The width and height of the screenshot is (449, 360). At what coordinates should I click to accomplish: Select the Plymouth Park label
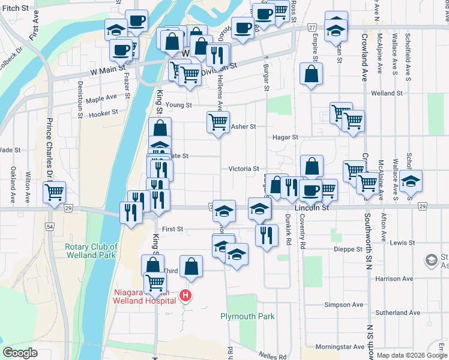pos(247,316)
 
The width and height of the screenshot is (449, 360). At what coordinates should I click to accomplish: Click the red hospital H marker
pos(186,296)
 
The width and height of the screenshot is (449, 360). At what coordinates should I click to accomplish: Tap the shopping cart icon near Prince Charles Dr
pos(54,193)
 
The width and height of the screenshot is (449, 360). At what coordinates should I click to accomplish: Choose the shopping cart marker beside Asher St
pos(218,122)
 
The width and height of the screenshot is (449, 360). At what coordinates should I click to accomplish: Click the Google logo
pos(20,353)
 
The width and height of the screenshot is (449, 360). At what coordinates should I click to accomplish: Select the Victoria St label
pos(243,169)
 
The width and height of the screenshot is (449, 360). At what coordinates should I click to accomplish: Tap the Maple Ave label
pos(101,98)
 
